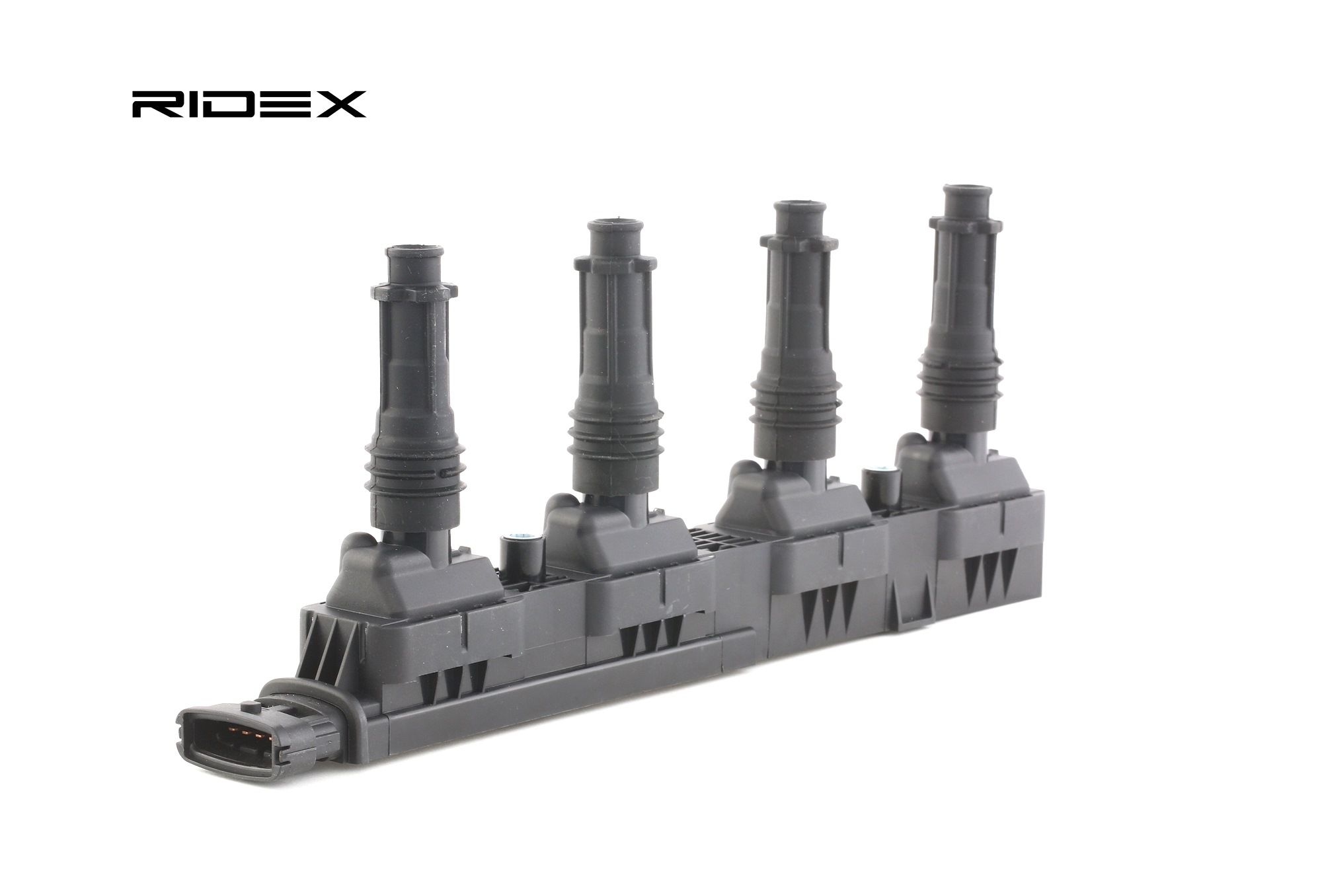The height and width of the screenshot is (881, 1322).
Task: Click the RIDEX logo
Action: [249, 104]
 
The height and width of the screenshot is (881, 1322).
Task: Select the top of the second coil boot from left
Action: [615, 225]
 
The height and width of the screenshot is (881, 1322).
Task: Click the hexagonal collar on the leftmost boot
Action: [414, 291]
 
